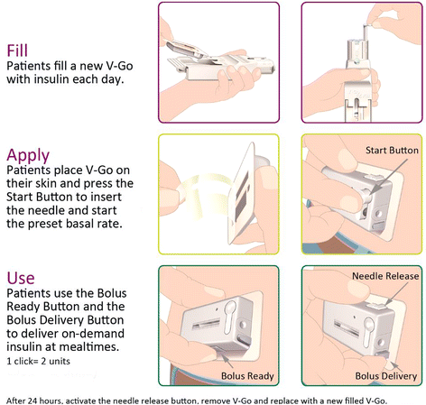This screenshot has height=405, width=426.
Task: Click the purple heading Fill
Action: [17, 51]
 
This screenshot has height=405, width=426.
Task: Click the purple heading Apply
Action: [28, 156]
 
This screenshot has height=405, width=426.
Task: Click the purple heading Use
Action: [21, 278]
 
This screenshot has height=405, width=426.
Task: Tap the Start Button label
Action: [392, 150]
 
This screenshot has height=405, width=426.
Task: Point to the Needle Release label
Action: [385, 276]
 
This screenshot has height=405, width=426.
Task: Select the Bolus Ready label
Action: [247, 376]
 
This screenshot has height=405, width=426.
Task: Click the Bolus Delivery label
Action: [386, 376]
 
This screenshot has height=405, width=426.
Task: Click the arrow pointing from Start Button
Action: [389, 177]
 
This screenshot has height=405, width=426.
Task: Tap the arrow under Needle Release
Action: [396, 294]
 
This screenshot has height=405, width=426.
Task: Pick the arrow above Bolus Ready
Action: [227, 360]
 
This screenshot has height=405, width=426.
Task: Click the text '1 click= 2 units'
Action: [38, 361]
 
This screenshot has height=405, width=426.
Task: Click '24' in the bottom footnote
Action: [32, 400]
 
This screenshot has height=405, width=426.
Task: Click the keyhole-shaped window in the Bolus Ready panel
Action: [230, 317]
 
